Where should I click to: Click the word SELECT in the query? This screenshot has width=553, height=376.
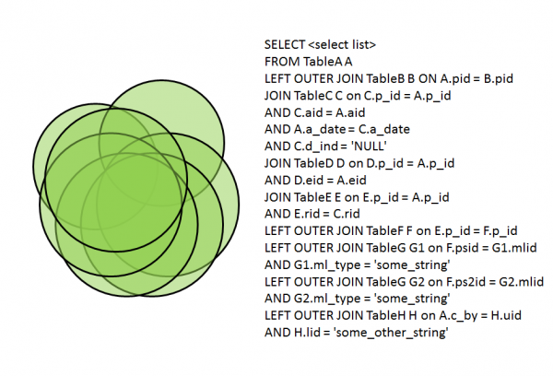tap(284, 45)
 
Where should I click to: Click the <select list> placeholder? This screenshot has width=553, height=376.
tap(342, 45)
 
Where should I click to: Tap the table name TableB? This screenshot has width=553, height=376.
tap(385, 78)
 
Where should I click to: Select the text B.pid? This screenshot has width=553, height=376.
tap(499, 78)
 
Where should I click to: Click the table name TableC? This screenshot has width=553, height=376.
tap(312, 96)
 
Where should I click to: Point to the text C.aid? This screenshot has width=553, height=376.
tap(308, 112)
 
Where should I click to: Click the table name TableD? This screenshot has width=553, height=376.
tap(314, 163)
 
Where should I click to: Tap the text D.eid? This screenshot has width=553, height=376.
tap(309, 181)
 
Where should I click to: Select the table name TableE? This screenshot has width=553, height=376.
tap(312, 197)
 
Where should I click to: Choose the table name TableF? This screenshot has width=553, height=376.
tap(384, 231)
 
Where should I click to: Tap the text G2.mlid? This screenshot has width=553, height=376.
tap(522, 282)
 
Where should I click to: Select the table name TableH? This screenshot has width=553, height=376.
tap(386, 315)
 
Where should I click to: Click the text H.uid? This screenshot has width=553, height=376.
tap(506, 315)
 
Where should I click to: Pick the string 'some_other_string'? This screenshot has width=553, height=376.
tap(391, 333)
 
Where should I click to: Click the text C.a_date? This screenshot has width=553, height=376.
tap(384, 129)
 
